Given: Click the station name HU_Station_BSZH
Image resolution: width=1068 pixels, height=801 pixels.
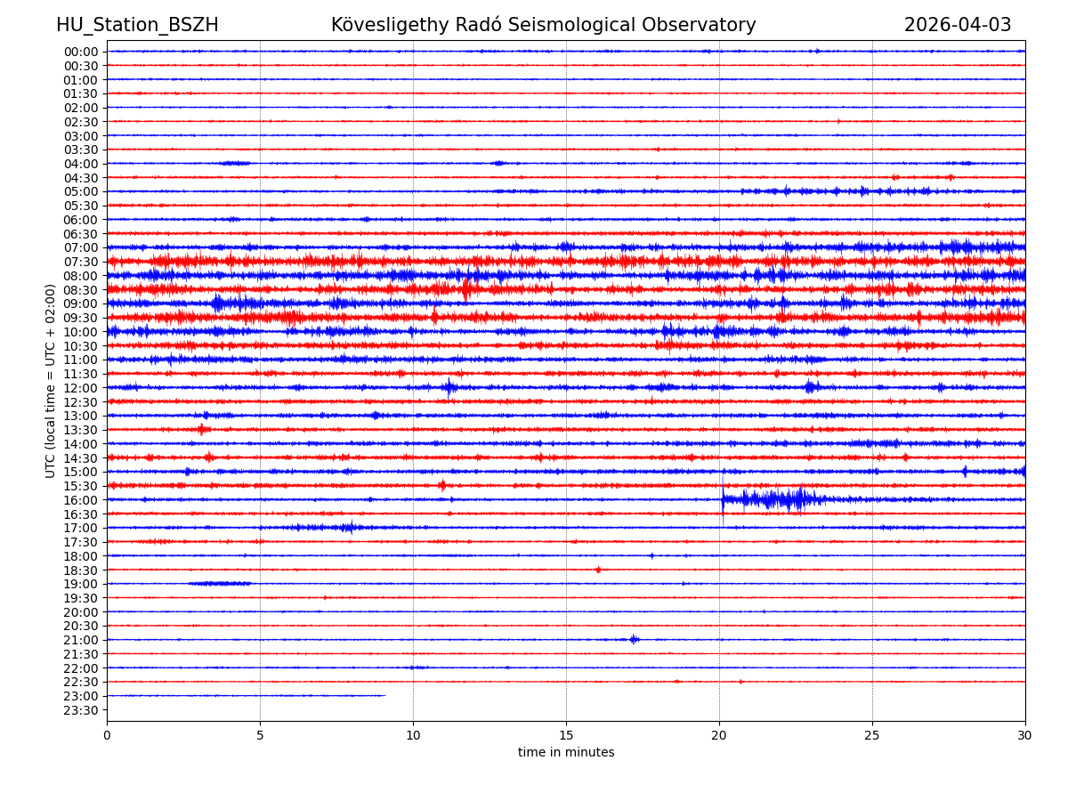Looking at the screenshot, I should tap(137, 25).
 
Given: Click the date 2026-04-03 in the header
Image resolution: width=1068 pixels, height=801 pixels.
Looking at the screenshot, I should tap(958, 25).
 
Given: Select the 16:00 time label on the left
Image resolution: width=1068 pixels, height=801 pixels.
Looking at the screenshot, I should tap(80, 500).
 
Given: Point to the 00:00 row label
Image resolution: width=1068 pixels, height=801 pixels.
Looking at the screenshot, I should tap(80, 52).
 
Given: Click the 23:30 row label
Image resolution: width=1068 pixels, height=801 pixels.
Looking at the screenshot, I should tap(80, 710).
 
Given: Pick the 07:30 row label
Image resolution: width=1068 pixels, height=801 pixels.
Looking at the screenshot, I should tap(80, 262).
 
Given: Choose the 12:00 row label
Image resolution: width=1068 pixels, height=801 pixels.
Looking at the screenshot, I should tap(80, 388).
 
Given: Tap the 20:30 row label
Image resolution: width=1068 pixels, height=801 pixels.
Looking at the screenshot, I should tap(80, 627).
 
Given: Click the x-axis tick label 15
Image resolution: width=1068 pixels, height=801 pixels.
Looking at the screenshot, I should tap(566, 736).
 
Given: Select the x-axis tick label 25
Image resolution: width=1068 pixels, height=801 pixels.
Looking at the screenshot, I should tap(872, 736).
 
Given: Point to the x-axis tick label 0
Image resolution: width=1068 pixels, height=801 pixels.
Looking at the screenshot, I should tap(107, 736).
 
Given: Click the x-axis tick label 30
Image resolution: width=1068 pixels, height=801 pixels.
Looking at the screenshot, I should tap(1025, 736).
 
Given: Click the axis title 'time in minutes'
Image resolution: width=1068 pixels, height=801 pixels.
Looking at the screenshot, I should tap(566, 753).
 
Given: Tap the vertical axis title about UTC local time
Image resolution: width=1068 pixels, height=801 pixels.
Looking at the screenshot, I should tap(51, 381).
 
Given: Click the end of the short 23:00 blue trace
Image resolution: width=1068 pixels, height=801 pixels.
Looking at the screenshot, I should tap(384, 695).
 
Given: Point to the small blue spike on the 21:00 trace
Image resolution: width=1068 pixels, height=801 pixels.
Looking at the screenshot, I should tap(634, 639).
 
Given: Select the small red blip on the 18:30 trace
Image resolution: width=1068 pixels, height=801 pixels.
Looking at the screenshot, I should tap(598, 570).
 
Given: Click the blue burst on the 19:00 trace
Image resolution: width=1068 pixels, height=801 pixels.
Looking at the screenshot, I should tap(219, 584).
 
